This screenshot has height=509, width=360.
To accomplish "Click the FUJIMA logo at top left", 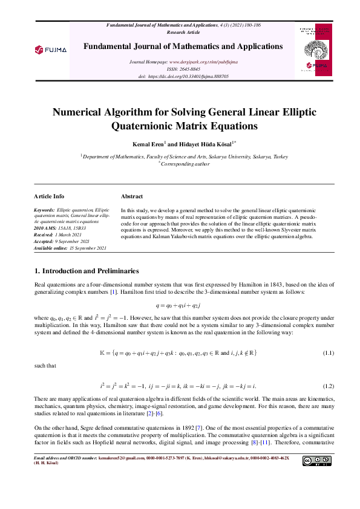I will pyautogui.click(x=50, y=49).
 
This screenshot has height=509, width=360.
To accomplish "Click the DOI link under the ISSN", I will pyautogui.click(x=188, y=77).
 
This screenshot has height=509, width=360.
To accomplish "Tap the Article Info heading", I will pyautogui.click(x=50, y=196).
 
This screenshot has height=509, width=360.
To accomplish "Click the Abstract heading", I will pyautogui.click(x=132, y=196).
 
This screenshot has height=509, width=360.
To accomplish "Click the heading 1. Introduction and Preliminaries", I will pyautogui.click(x=87, y=270).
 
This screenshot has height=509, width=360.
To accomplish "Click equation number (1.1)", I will pyautogui.click(x=328, y=352).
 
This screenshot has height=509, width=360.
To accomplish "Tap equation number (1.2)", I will pyautogui.click(x=328, y=385).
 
